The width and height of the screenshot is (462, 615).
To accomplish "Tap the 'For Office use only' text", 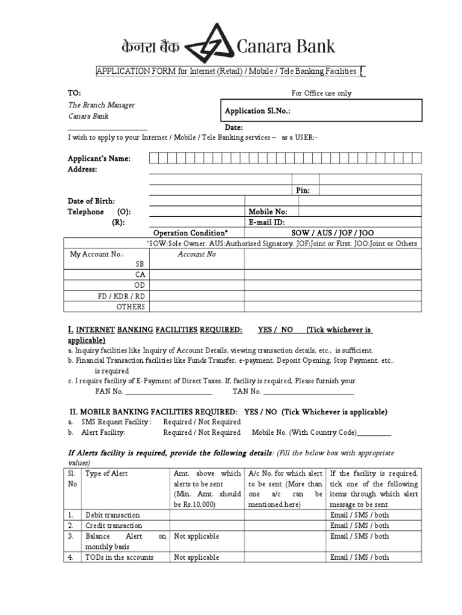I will [322, 93].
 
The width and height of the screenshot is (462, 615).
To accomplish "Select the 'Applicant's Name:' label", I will [99, 159].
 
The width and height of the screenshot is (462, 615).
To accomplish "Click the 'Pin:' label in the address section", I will [303, 190].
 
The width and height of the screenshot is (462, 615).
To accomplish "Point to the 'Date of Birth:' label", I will [91, 201].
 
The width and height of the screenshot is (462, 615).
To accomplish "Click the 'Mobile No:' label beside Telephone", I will [268, 211].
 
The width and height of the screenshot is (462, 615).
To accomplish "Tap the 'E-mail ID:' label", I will [266, 222].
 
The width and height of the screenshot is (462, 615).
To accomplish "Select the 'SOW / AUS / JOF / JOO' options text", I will [332, 232].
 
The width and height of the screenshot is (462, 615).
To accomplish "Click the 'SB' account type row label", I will [140, 264].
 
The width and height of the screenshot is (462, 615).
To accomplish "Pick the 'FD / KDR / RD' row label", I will [122, 296].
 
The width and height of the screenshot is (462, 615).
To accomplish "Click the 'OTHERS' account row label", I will [131, 307].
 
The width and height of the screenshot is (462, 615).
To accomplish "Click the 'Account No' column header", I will [196, 254].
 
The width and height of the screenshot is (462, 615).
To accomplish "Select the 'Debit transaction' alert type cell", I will [112, 515].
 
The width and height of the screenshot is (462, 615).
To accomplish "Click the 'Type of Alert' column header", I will [106, 473].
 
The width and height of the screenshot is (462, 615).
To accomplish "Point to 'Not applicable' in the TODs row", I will [196, 557].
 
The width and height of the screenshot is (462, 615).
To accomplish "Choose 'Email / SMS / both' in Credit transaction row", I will [360, 525].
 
